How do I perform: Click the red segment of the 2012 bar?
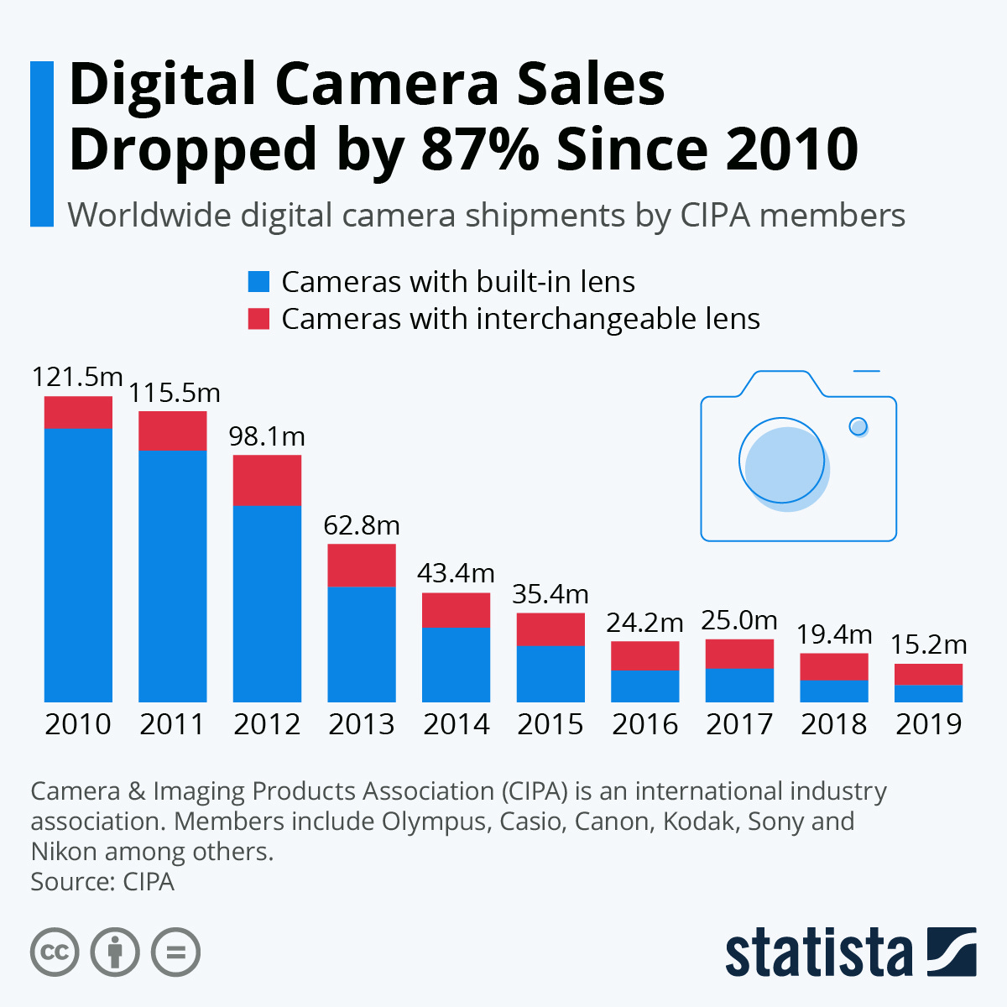click(x=267, y=480)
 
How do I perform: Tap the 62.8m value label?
click(x=362, y=525)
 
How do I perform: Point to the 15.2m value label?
click(x=928, y=644)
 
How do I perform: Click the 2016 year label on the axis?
click(x=644, y=724)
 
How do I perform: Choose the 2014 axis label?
click(x=456, y=724)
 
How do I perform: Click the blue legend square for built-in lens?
click(x=259, y=282)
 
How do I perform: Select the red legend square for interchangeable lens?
click(x=259, y=319)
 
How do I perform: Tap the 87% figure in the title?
click(x=480, y=149)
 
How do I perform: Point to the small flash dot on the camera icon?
click(x=858, y=426)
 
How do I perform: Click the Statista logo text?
click(x=818, y=952)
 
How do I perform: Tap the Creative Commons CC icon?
click(x=55, y=952)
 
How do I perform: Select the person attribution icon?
click(x=116, y=952)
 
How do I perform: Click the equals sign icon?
click(x=176, y=952)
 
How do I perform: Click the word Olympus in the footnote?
click(x=434, y=821)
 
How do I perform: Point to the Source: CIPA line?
click(x=102, y=882)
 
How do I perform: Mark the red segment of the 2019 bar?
click(x=928, y=674)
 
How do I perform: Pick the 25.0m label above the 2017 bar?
click(x=739, y=620)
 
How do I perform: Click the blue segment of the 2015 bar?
click(x=550, y=673)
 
